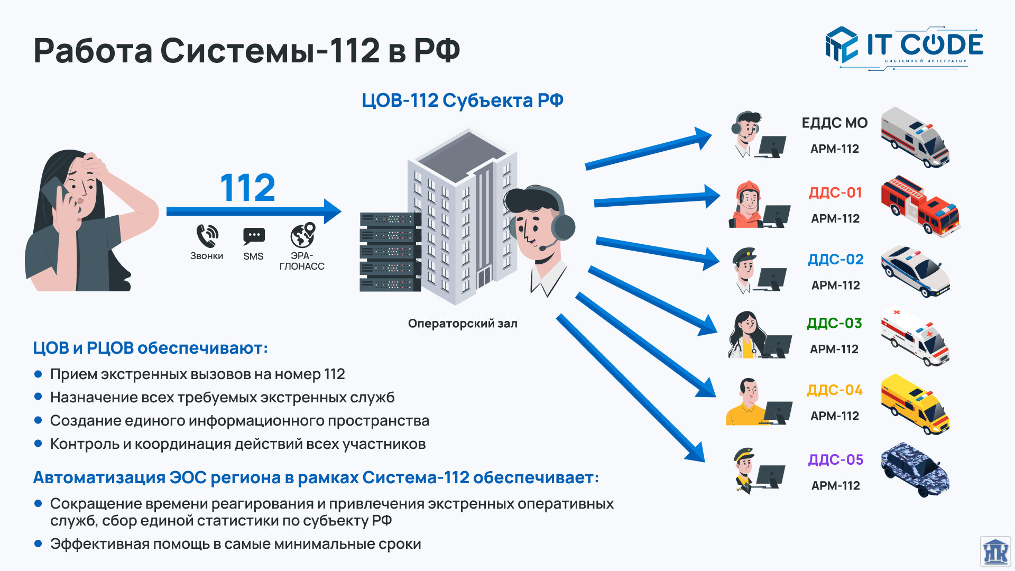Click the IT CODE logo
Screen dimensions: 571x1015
(x=904, y=47)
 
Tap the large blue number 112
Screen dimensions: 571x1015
(x=247, y=188)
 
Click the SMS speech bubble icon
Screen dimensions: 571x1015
(x=254, y=236)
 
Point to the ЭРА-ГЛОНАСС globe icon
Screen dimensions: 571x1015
(x=302, y=235)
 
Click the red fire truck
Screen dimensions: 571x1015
(x=920, y=205)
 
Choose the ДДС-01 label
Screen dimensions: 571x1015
(x=835, y=192)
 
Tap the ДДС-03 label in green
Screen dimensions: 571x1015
(x=834, y=323)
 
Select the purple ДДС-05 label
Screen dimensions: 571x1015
(x=835, y=459)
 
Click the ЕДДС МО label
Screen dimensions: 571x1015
(x=835, y=123)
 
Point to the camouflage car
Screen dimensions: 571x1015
(x=915, y=469)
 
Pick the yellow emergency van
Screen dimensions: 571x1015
(x=915, y=404)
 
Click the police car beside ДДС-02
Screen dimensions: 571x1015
(x=915, y=271)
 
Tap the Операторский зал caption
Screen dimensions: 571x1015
(x=463, y=324)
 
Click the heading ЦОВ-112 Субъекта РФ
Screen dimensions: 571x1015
(x=463, y=100)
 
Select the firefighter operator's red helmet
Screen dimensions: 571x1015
(x=748, y=188)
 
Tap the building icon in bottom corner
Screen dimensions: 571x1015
(x=995, y=552)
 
